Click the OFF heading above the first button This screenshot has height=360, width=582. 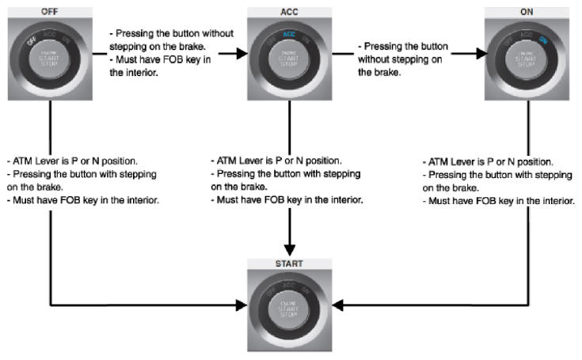pos(51,10)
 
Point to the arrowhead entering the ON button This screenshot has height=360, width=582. pos(477,55)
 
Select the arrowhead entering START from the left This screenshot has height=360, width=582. pos(241,304)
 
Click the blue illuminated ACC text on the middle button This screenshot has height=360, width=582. pos(289,35)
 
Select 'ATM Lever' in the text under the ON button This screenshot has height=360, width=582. pos(452,162)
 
